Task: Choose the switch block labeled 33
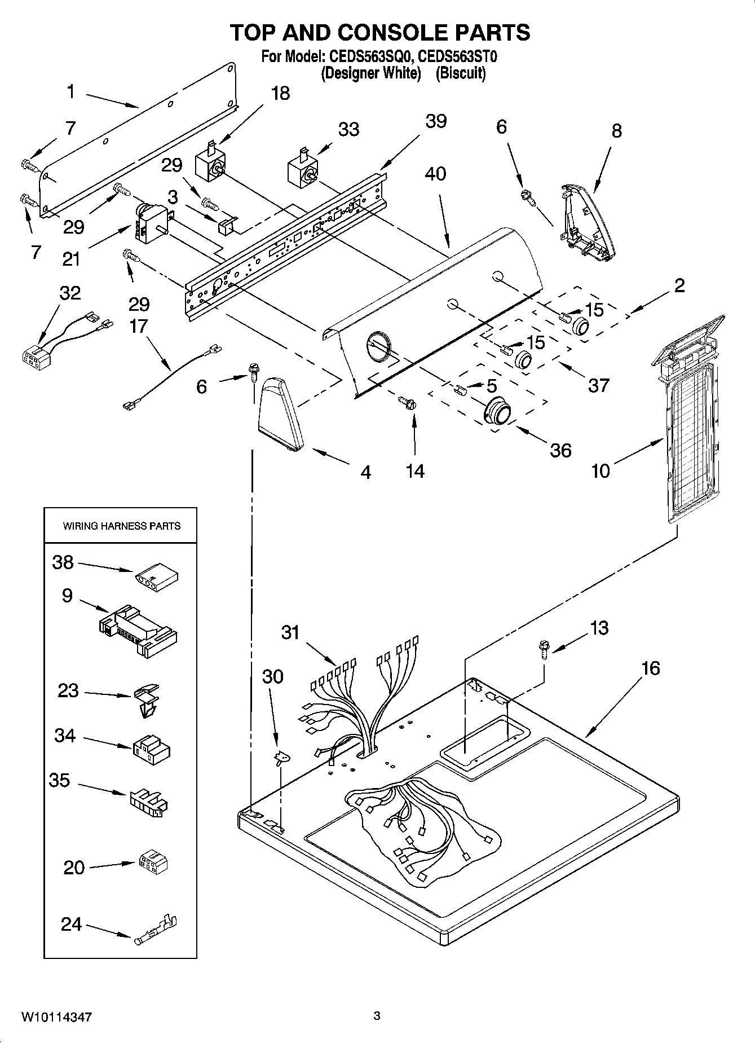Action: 302,169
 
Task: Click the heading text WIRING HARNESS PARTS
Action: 121,526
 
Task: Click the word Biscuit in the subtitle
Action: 460,73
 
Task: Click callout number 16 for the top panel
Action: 650,668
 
